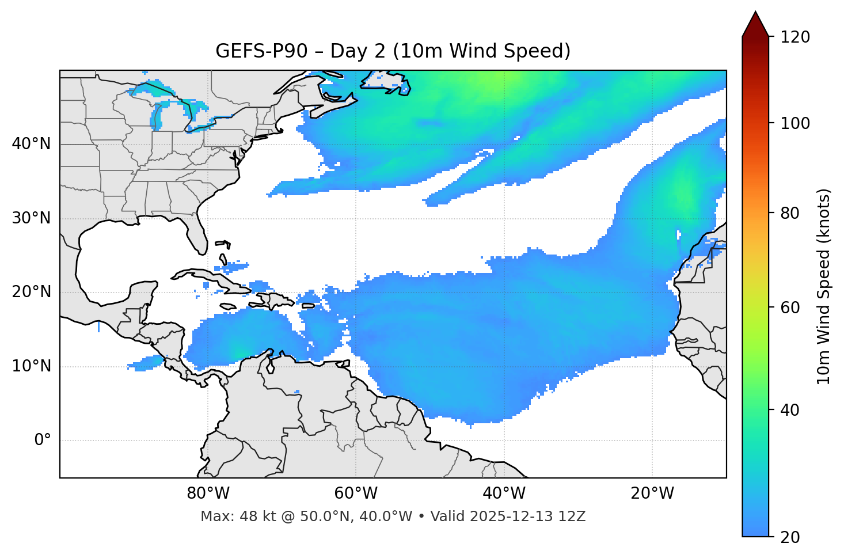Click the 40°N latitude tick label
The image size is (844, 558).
[31, 144]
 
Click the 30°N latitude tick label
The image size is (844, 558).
[31, 218]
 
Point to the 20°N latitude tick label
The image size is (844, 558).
[31, 292]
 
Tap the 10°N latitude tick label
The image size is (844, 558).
[31, 366]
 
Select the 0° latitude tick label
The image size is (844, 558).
[43, 441]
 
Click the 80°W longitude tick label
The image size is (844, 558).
[208, 494]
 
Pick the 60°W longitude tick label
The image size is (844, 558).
[356, 494]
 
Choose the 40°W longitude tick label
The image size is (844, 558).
[504, 494]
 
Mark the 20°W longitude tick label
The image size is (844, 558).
[652, 494]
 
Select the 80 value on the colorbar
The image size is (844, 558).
[792, 213]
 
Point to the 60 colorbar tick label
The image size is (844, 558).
[792, 308]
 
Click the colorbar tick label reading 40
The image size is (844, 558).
[792, 410]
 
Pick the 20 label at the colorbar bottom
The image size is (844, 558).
[792, 537]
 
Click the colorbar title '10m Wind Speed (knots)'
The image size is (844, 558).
[824, 286]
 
